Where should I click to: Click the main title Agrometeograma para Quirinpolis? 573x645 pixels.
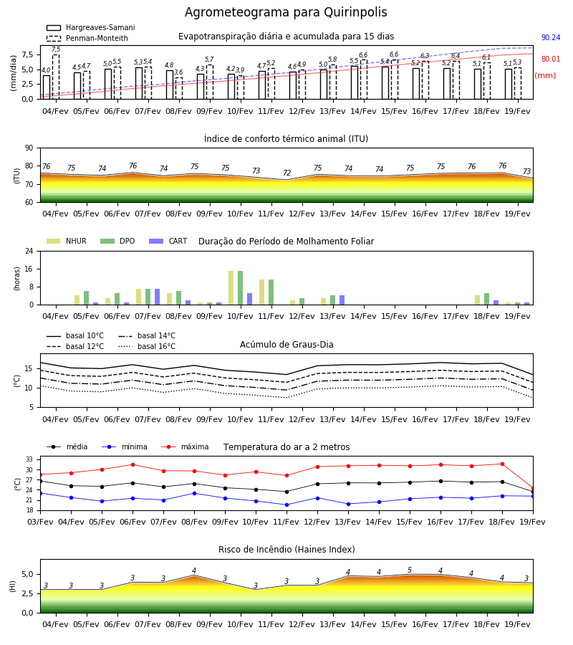point(286,12)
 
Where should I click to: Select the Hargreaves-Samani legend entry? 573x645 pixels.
point(90,27)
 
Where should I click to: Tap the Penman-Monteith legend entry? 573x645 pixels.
point(87,38)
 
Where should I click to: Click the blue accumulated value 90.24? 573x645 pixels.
point(551,37)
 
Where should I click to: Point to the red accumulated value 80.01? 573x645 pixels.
point(551,59)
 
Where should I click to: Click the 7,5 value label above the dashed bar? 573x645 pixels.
point(56,49)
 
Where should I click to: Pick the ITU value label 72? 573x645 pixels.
point(287,173)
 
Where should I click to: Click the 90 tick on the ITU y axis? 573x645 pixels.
point(29,148)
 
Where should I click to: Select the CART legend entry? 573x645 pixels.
point(168,241)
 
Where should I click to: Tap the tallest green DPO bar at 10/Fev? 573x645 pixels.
point(241,288)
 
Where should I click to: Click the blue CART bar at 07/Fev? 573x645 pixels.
point(158,297)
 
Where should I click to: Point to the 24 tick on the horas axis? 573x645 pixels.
point(29,251)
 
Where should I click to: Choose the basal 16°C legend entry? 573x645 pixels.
point(147,346)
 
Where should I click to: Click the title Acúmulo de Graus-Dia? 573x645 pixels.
point(286,345)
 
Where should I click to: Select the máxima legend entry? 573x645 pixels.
point(185,446)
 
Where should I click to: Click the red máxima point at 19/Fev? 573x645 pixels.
point(533,488)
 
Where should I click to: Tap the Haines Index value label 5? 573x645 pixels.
point(410,570)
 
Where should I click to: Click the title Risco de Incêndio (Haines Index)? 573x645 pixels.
point(286,550)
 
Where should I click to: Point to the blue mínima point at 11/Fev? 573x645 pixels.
point(287,505)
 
